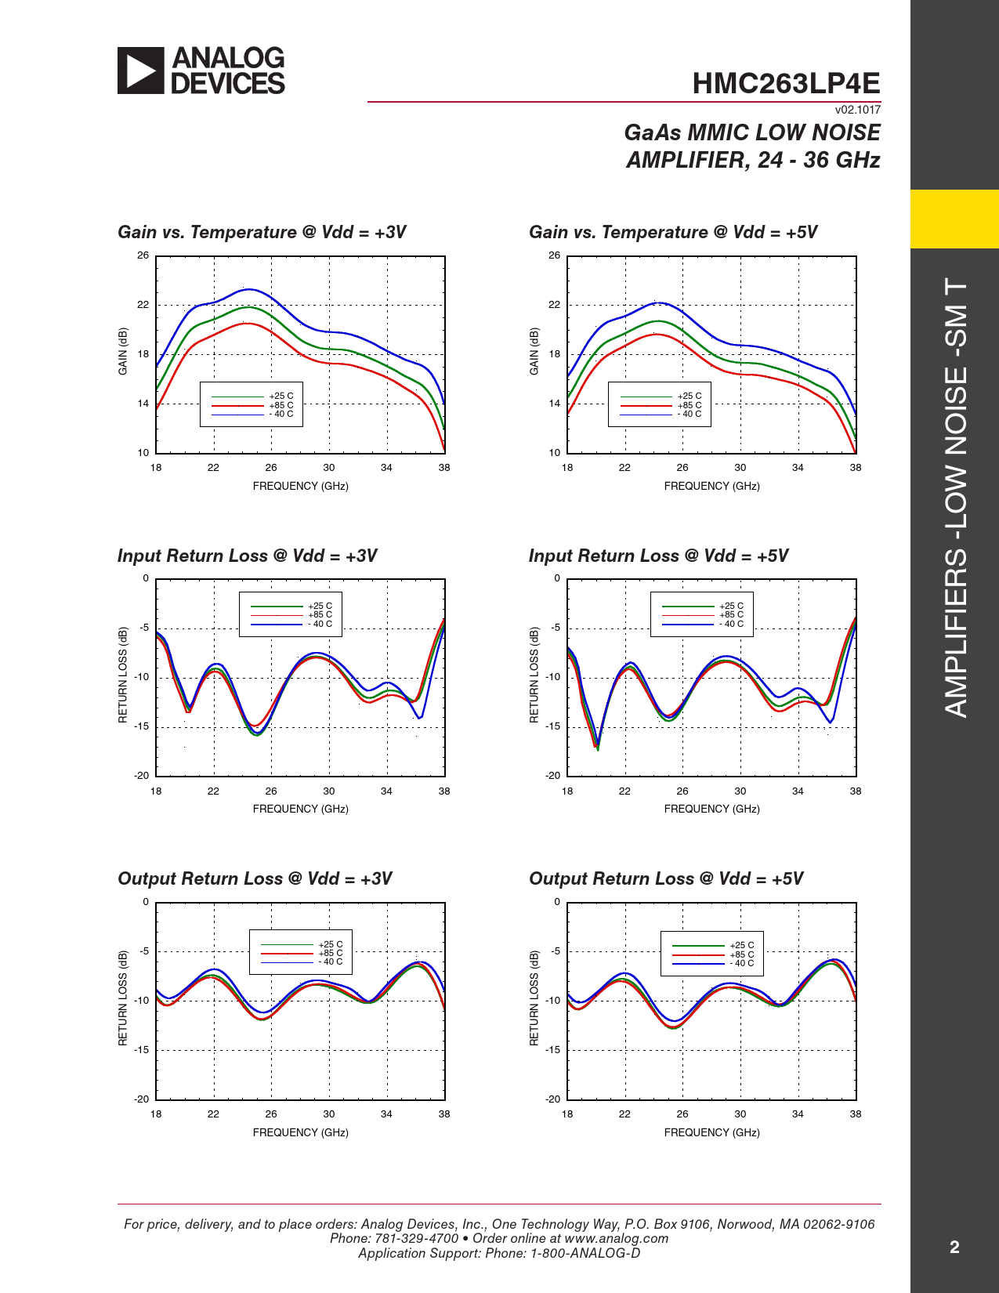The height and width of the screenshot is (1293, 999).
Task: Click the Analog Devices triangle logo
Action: pos(141,71)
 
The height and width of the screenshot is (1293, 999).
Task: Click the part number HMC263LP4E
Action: pos(786,83)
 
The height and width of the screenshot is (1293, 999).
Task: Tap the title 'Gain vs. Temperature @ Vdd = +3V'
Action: pos(262,232)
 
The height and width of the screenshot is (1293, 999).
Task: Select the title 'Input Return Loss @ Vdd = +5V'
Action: pos(658,556)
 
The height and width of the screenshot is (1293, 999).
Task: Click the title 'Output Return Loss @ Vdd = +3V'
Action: pos(255,878)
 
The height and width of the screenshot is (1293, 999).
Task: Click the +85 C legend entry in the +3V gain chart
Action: pos(281,405)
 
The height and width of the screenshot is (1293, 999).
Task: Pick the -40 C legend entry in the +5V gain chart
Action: pos(690,414)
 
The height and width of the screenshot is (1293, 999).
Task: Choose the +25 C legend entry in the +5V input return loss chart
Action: pos(731,606)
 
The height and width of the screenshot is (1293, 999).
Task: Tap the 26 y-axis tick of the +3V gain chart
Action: pos(143,255)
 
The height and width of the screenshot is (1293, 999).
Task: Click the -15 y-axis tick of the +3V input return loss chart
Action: pos(141,726)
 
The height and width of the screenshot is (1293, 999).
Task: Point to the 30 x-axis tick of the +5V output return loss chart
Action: pos(740,1114)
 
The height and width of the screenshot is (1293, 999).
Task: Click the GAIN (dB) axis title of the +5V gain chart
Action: pos(534,351)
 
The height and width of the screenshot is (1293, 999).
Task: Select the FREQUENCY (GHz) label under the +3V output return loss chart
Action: pos(300,1132)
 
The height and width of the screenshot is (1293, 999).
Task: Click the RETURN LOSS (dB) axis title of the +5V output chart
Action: pos(534,998)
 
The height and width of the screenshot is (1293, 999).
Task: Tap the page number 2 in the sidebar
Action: pos(954,1247)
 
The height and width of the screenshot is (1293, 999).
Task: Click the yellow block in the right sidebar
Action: pos(954,219)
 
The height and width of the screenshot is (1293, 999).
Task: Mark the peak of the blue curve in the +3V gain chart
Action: pos(249,289)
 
